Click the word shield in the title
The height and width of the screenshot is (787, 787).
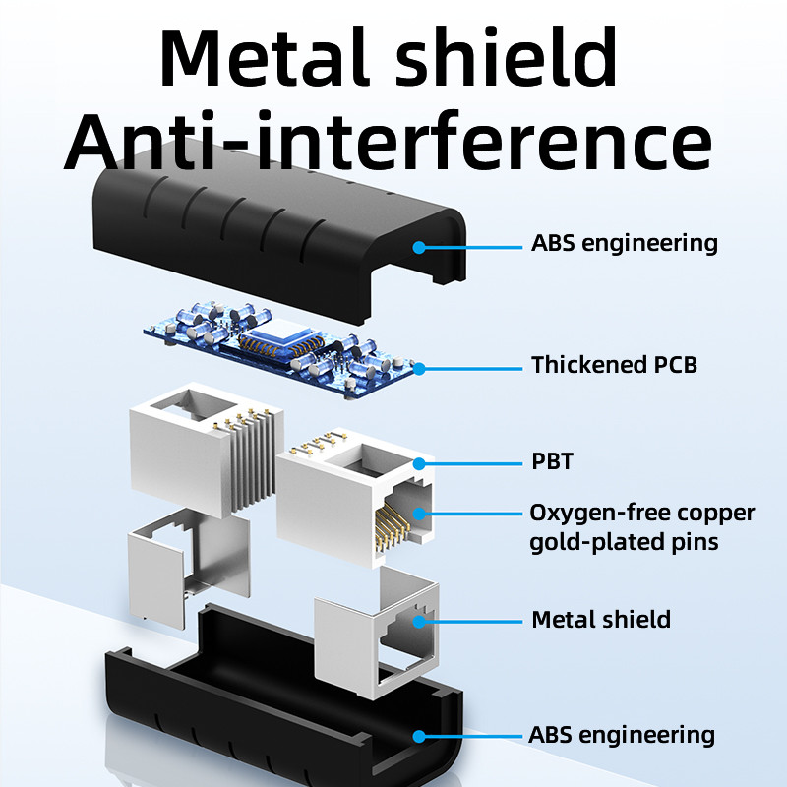(x=519, y=56)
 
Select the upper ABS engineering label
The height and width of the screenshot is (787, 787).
(x=625, y=243)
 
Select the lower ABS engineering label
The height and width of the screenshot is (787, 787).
(x=622, y=735)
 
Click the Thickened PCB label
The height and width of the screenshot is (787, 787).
(x=614, y=365)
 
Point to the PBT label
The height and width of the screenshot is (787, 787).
(x=552, y=461)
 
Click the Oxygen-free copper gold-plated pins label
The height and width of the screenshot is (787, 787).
(x=642, y=526)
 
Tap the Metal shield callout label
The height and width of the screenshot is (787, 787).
(x=601, y=620)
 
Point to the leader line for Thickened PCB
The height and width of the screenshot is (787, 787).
(x=472, y=369)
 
